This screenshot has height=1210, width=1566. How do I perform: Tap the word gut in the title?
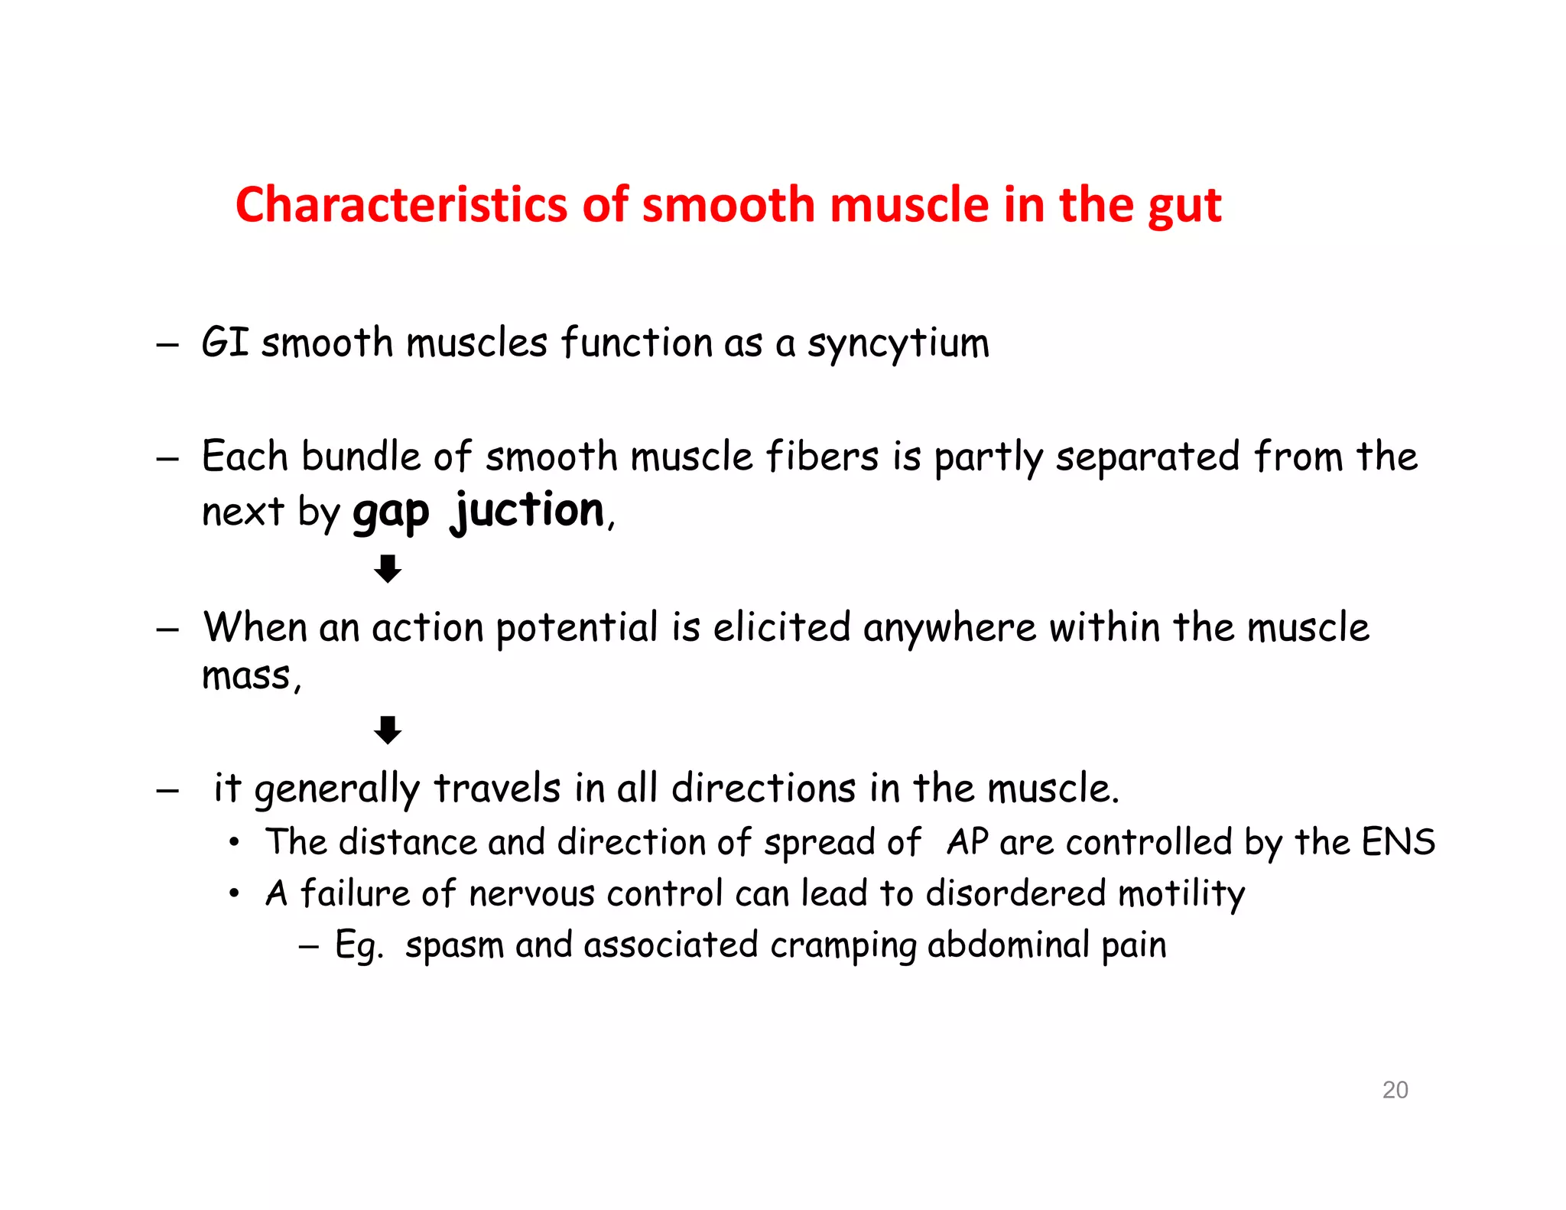click(x=1182, y=207)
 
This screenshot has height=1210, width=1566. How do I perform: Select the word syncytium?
click(x=898, y=343)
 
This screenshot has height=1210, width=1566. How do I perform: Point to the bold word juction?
click(x=528, y=510)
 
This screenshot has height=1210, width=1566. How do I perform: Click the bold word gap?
click(x=391, y=512)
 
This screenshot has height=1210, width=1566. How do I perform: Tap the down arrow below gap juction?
click(x=388, y=568)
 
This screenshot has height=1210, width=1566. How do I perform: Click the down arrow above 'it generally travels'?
click(x=388, y=730)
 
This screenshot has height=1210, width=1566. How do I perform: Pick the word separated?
click(x=1147, y=457)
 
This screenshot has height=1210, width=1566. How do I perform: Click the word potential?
click(x=577, y=628)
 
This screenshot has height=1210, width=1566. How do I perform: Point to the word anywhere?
click(x=949, y=628)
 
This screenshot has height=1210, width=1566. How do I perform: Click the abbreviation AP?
click(x=967, y=842)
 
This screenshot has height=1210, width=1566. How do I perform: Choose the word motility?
click(x=1181, y=894)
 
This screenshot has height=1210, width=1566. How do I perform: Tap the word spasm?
click(x=454, y=946)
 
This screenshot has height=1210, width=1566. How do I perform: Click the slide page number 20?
click(x=1395, y=1089)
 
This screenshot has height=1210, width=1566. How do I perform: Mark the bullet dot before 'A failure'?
click(x=235, y=893)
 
